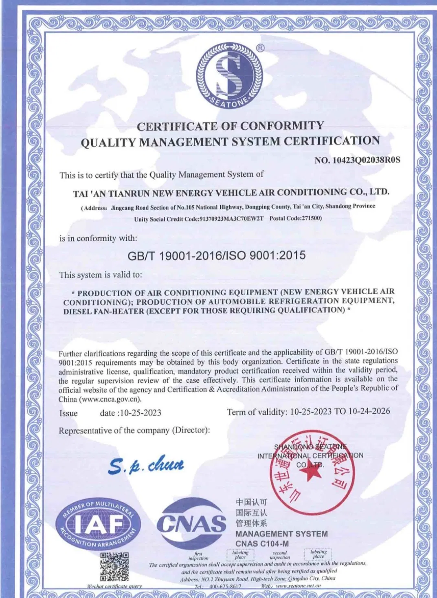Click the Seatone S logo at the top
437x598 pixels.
pyautogui.click(x=229, y=76)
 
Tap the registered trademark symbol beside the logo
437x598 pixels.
pyautogui.click(x=260, y=48)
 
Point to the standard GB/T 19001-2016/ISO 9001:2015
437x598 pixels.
pyautogui.click(x=216, y=256)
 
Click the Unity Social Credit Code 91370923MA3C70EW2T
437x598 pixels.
pyautogui.click(x=231, y=219)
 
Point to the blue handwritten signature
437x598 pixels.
pyautogui.click(x=146, y=465)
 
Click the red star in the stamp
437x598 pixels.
pyautogui.click(x=311, y=473)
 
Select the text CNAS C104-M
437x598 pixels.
pyautogui.click(x=262, y=543)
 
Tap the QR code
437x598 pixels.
pyautogui.click(x=114, y=567)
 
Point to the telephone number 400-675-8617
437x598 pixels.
pyautogui.click(x=225, y=586)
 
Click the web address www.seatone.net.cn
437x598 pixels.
pyautogui.click(x=298, y=586)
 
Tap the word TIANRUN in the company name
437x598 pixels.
pyautogui.click(x=130, y=193)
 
